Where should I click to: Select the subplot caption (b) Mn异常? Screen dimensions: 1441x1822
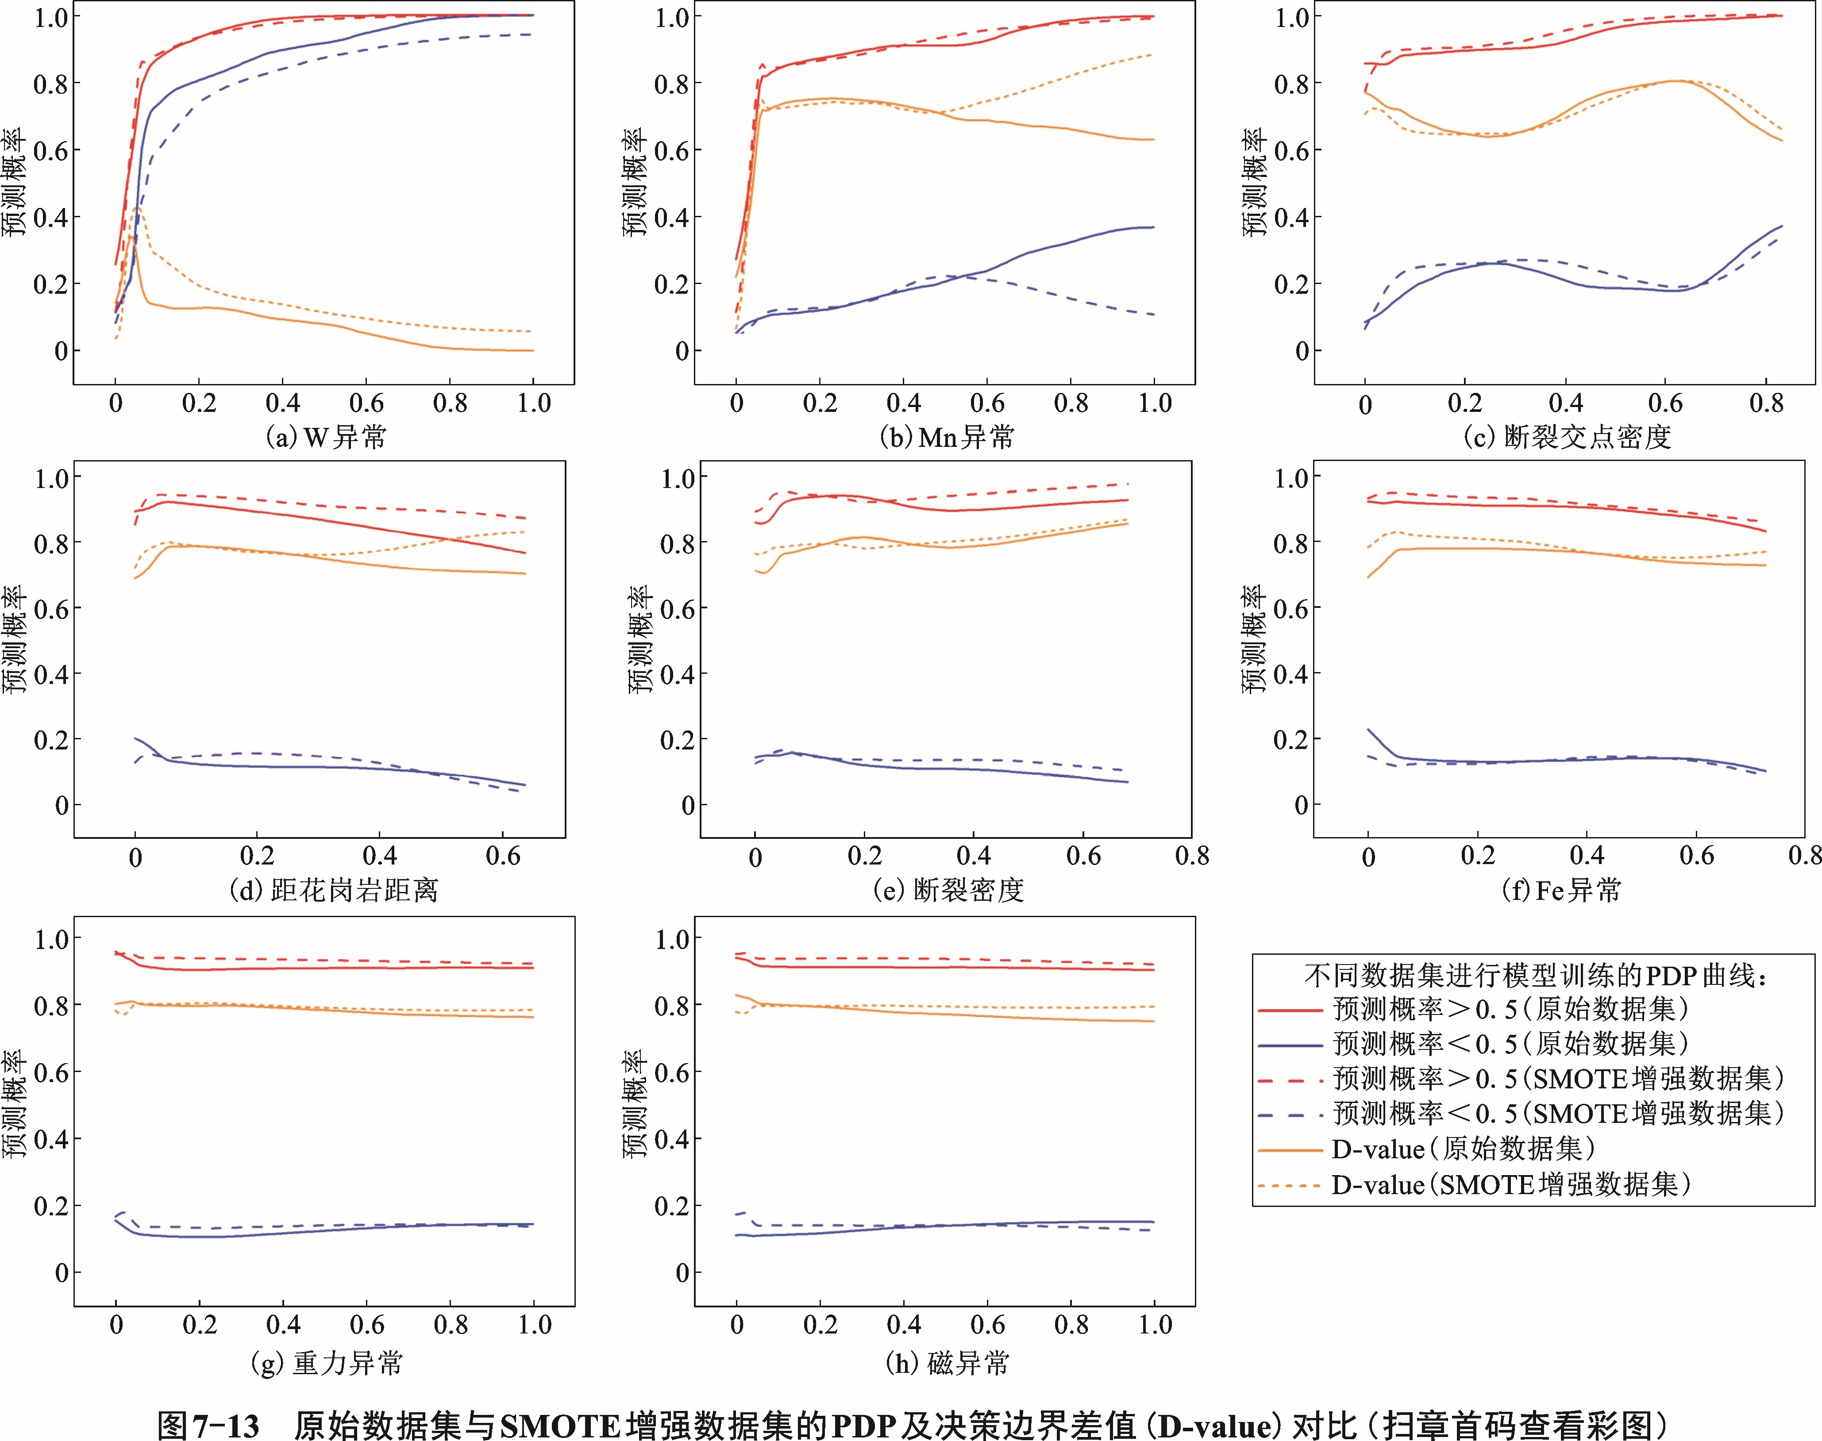947,437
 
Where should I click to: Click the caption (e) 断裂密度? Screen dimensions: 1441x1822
948,890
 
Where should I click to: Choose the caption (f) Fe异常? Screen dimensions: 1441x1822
1561,890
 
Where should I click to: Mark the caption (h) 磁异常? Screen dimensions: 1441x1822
947,1364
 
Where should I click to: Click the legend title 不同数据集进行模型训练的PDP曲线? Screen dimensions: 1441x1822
1534,976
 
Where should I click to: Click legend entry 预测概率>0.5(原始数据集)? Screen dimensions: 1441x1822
1510,1009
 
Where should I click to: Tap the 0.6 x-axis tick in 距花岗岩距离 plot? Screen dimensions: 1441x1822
503,857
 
